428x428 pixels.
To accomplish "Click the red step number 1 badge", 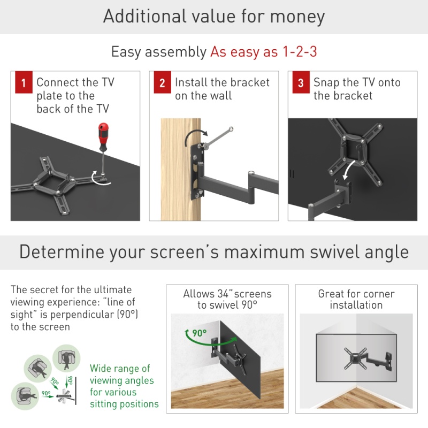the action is coord(24,82).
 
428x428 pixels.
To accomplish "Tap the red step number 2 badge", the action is coord(163,82).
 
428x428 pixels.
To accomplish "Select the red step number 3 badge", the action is coord(301,82).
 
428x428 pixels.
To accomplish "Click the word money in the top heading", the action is coord(297,17).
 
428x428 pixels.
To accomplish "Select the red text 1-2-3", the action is coord(300,51).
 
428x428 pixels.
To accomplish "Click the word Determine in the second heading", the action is coord(62,251).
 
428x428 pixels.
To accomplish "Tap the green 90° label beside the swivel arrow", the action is coord(200,333).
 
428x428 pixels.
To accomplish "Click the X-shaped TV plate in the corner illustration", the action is coord(355,358).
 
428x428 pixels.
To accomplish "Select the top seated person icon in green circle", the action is coord(66,358).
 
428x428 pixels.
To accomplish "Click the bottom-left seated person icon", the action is coord(25,396).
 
